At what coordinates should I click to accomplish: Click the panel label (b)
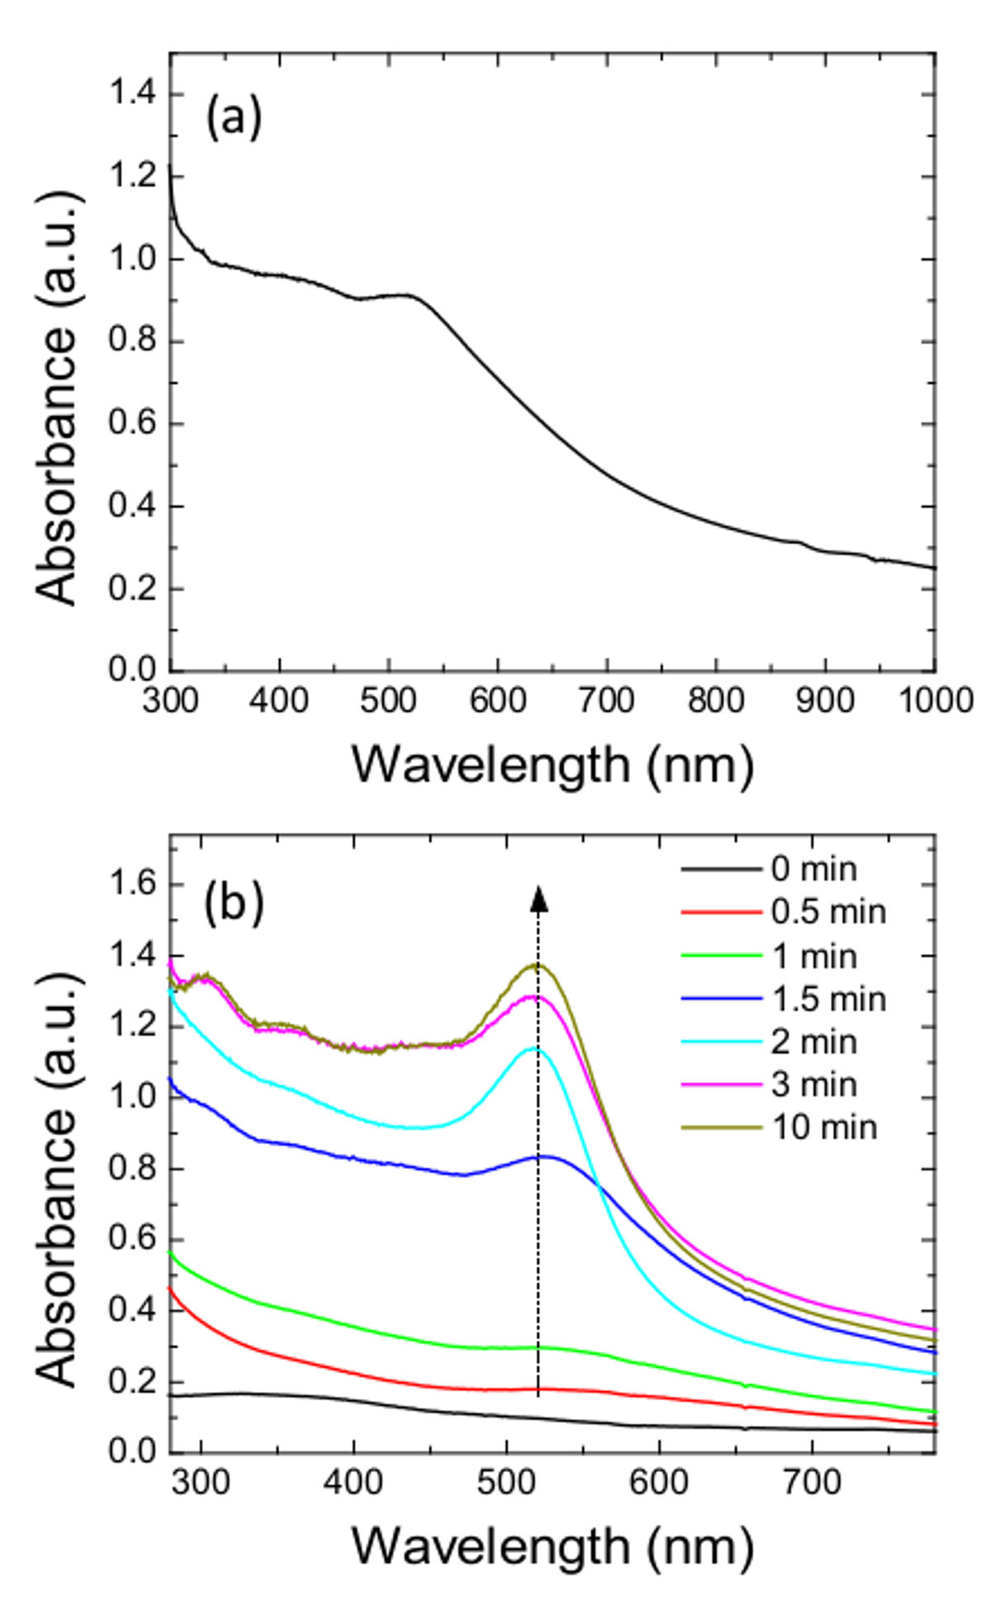coord(234,902)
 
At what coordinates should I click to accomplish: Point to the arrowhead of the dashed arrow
coord(538,898)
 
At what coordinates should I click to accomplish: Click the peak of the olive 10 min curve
coord(537,964)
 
